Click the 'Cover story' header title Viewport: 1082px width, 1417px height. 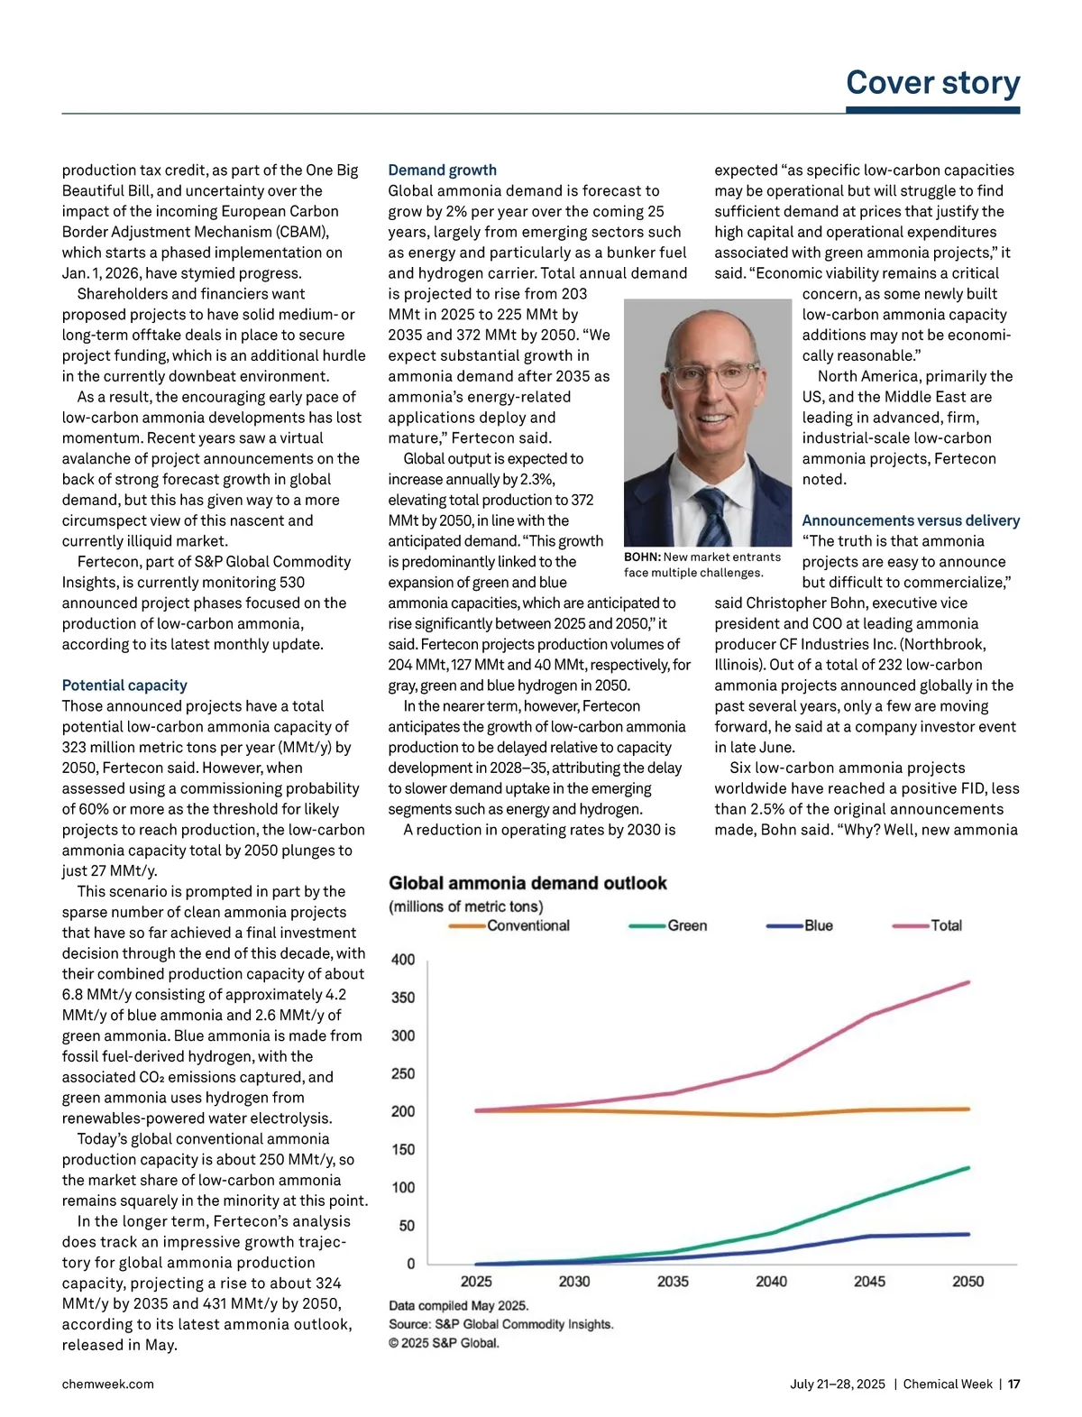coord(932,83)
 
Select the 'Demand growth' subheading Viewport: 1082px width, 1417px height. coord(442,170)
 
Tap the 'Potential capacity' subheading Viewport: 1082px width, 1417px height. coord(124,685)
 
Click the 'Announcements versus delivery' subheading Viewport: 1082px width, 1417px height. coord(911,520)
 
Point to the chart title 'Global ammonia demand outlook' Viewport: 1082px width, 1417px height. coord(527,883)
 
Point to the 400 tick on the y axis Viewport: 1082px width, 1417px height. coord(403,960)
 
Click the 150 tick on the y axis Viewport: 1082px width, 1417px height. coord(403,1149)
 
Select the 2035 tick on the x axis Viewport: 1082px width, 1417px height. coord(673,1281)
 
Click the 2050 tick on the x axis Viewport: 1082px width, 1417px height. coord(968,1281)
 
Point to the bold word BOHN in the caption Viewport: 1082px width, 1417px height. coord(642,557)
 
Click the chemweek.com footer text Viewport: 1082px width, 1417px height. coord(107,1384)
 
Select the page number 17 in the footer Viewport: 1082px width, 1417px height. coord(1013,1384)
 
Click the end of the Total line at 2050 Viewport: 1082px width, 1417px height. coord(968,982)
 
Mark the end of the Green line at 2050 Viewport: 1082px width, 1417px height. coord(968,1168)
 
